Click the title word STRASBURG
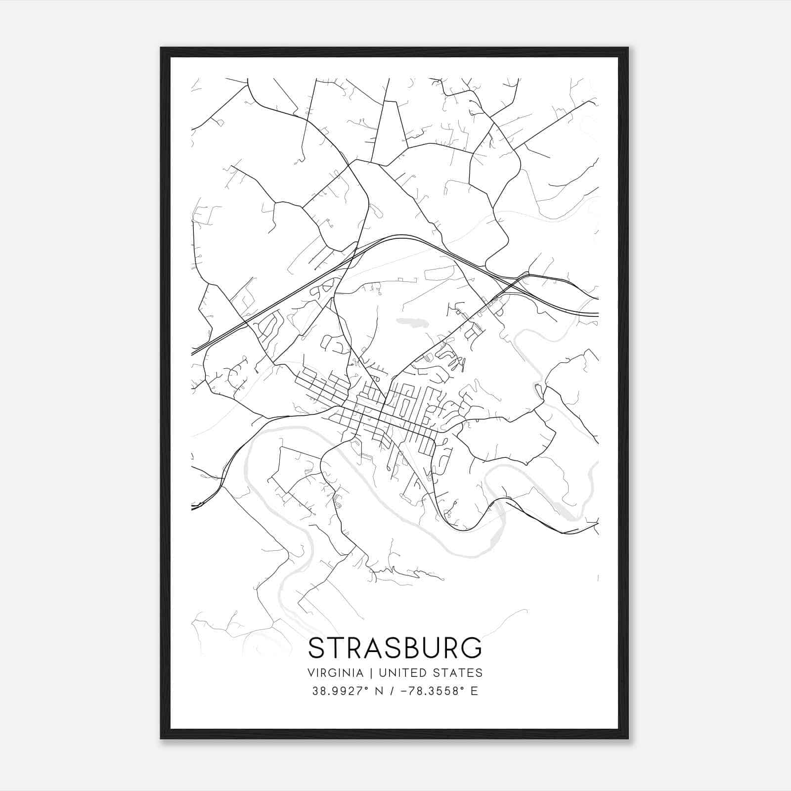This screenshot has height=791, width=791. (x=395, y=648)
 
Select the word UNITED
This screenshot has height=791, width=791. (x=401, y=673)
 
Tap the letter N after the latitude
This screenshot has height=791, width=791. (x=380, y=691)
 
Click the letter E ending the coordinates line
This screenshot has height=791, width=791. (x=474, y=691)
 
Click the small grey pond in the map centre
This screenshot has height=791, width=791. (x=413, y=323)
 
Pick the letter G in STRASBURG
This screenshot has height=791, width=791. (x=471, y=648)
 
